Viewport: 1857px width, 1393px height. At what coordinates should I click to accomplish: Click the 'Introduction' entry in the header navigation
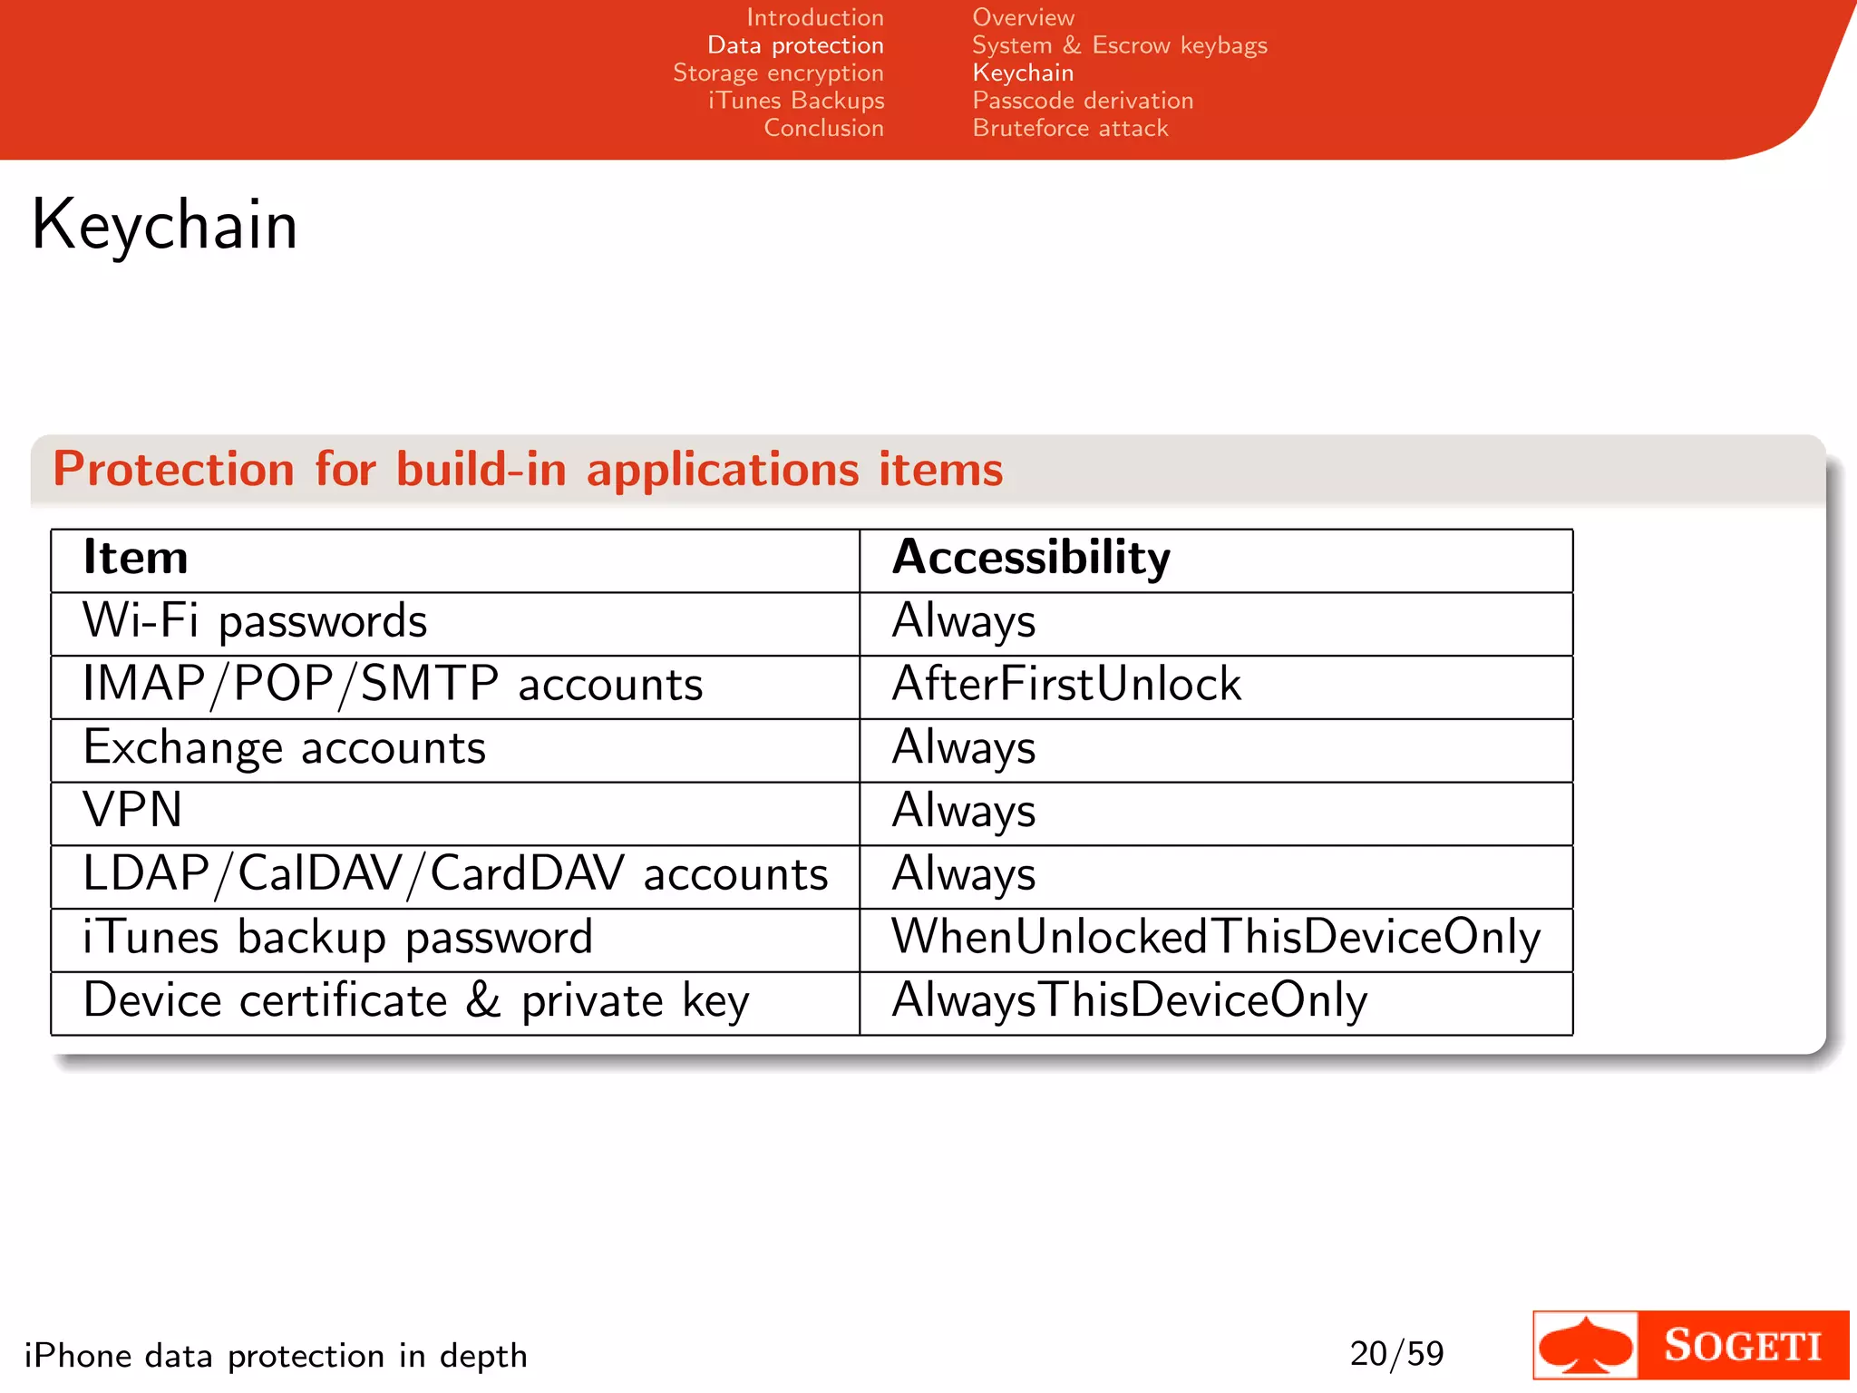click(x=814, y=17)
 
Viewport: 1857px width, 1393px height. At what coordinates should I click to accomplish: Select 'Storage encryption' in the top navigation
click(x=778, y=73)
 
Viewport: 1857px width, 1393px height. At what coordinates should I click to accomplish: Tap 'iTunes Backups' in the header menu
click(x=795, y=101)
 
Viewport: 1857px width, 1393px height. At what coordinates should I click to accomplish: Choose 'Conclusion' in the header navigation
click(x=823, y=128)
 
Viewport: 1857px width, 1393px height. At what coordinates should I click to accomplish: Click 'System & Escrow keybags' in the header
click(x=1119, y=45)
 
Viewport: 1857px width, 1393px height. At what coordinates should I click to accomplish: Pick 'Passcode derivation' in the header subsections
click(x=1083, y=101)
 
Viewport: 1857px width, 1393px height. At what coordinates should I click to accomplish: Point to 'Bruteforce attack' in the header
click(x=1070, y=128)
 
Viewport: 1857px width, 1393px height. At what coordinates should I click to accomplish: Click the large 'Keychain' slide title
click(x=165, y=225)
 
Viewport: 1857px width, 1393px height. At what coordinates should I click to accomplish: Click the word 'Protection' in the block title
click(x=173, y=469)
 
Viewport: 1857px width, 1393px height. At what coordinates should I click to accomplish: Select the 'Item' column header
click(x=136, y=557)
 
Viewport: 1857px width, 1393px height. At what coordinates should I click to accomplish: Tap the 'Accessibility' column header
click(x=1031, y=557)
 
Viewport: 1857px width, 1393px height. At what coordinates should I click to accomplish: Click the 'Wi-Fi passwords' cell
click(x=255, y=621)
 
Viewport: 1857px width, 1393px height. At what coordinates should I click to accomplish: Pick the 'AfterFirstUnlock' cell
click(x=1066, y=685)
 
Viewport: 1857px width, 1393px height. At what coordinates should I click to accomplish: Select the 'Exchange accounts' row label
click(x=285, y=748)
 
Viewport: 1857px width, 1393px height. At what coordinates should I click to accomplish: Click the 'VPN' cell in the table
click(x=133, y=810)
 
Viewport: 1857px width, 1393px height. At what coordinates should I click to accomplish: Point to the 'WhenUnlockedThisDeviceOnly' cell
click(x=1216, y=937)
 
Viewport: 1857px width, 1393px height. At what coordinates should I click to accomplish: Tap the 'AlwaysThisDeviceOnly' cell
click(x=1129, y=1000)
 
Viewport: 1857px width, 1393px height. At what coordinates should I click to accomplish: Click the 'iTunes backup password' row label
click(x=337, y=937)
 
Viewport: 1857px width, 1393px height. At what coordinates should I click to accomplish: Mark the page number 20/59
click(x=1396, y=1354)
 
